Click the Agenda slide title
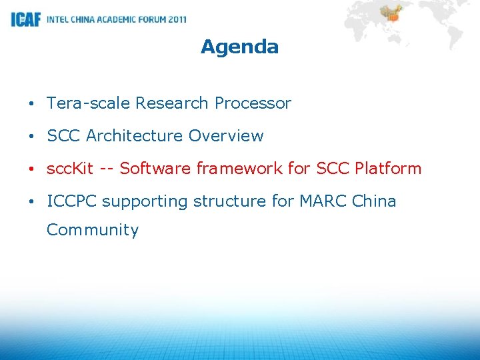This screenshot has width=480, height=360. (239, 47)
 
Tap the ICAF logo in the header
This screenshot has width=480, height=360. (25, 19)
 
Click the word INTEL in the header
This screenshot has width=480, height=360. (58, 19)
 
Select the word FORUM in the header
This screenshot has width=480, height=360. (150, 19)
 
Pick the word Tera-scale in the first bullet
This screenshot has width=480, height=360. (89, 103)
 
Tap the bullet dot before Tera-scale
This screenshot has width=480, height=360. (32, 104)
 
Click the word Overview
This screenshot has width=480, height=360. (226, 136)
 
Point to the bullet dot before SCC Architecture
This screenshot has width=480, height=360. (32, 137)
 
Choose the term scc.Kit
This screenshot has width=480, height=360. (70, 169)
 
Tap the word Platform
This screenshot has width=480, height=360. (389, 169)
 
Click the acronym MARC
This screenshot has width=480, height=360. (329, 201)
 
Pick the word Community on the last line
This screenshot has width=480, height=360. (93, 230)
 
